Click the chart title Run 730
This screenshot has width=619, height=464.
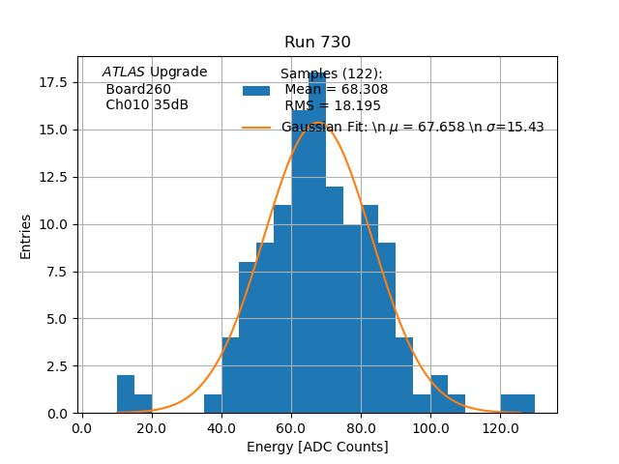coord(317,43)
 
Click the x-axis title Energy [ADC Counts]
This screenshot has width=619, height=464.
coord(317,447)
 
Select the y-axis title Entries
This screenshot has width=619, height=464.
coord(26,236)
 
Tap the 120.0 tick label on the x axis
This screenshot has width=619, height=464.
coord(499,426)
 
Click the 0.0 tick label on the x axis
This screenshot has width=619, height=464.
coord(82,426)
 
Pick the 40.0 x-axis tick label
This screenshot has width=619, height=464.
coord(221,426)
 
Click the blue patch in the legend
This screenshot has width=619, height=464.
coord(256,91)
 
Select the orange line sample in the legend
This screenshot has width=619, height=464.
coord(256,128)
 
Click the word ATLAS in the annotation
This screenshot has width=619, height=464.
coord(123,72)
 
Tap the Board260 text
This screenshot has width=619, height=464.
coord(138,90)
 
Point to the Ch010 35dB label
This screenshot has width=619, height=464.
coord(147,105)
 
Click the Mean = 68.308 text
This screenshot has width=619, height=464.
coord(336,90)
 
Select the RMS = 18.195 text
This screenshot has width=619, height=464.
coord(333,106)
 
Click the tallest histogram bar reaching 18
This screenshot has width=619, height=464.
coord(317,242)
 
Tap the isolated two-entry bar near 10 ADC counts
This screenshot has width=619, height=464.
coord(126,394)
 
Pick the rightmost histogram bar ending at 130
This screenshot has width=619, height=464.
coord(525,404)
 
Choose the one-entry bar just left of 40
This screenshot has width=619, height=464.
coord(213,404)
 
